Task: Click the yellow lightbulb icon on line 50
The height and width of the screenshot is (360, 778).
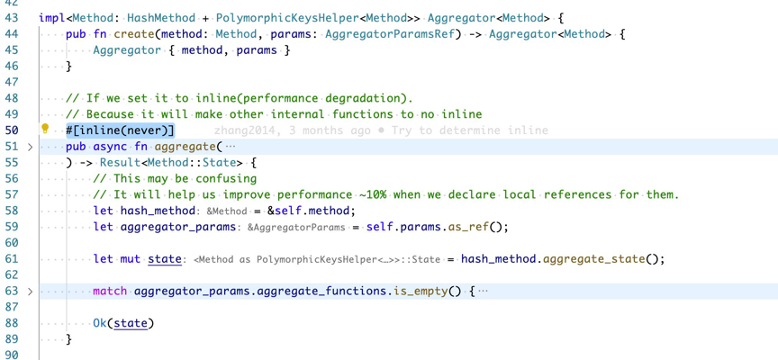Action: pos(45,130)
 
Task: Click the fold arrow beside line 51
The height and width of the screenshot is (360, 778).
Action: pos(30,147)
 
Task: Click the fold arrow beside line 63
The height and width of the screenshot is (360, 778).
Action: pos(30,292)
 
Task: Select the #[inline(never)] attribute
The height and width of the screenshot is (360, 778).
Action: pos(120,130)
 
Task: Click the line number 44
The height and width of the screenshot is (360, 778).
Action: pos(12,34)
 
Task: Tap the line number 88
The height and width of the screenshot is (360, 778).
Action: pos(12,323)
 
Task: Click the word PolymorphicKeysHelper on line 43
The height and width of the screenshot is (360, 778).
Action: pos(289,18)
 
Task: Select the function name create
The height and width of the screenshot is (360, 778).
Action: pos(133,34)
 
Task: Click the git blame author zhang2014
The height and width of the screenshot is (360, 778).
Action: pos(245,130)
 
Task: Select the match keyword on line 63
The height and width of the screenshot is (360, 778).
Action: pos(110,292)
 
